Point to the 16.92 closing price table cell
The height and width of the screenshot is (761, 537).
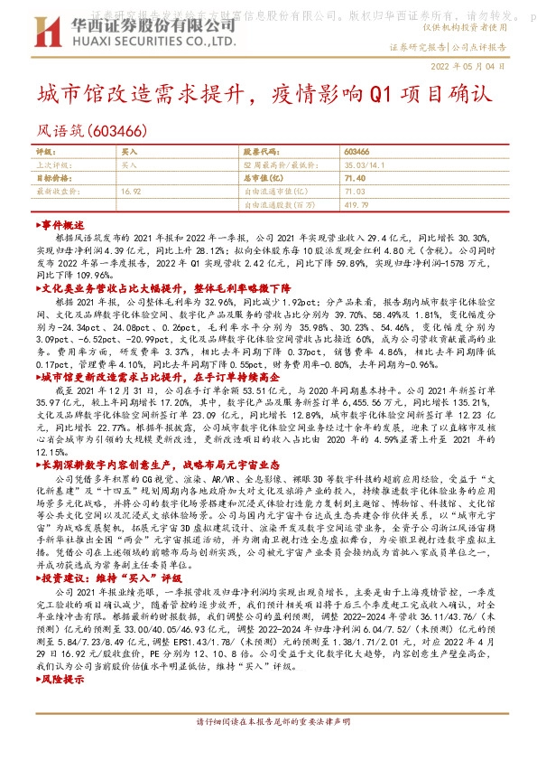pos(130,192)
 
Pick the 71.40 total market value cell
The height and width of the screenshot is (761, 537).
pos(355,179)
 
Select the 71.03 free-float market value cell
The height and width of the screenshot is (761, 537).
pos(354,192)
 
